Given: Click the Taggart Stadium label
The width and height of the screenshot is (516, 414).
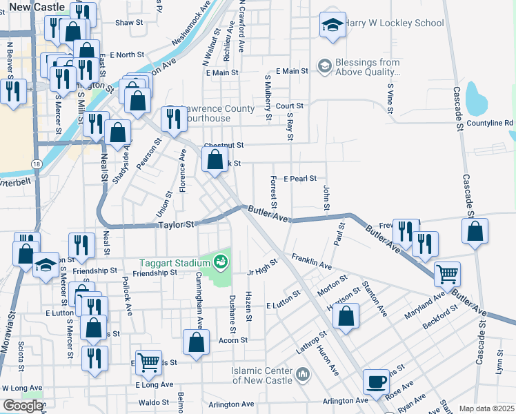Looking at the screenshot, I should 175,263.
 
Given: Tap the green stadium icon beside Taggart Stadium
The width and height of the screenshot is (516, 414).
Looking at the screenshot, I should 221,262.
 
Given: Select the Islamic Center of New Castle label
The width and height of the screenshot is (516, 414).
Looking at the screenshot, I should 263,375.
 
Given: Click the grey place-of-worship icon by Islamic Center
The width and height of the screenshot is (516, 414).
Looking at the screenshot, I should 302,375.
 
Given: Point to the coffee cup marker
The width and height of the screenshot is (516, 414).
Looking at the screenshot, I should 377,382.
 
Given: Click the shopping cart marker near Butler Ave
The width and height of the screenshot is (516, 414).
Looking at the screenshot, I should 447,274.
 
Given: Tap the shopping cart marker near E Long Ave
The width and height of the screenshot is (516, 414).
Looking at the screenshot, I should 148,361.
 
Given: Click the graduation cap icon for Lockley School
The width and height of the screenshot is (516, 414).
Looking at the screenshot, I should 333,25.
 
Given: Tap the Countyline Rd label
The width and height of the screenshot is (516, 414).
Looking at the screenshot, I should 490,123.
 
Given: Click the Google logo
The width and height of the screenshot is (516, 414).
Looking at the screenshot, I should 23,406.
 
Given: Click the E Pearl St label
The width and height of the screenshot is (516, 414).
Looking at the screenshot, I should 299,178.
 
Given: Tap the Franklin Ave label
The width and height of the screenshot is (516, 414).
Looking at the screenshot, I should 311,262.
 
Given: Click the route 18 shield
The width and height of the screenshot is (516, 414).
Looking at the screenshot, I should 35,164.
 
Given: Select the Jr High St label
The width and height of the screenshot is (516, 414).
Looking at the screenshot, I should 263,266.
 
